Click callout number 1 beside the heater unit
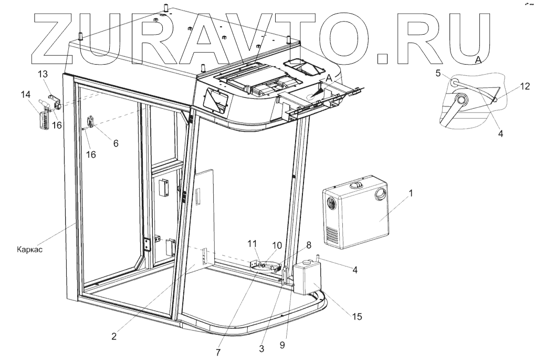(411, 193)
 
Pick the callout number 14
(26, 95)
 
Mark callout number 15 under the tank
(357, 316)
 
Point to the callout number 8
(309, 244)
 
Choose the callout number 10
(277, 245)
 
